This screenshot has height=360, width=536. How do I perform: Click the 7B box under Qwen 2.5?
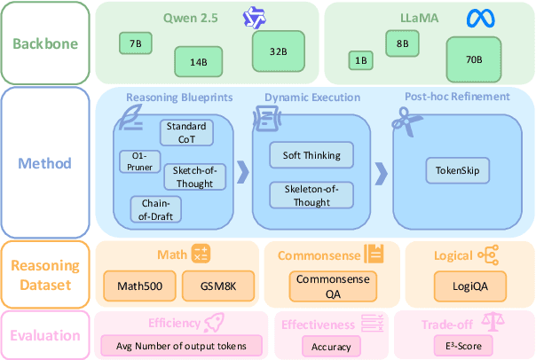136,43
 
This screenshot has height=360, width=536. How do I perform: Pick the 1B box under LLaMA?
359,60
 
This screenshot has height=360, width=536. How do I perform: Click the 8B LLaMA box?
402,43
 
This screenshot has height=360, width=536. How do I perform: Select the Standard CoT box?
186,132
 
